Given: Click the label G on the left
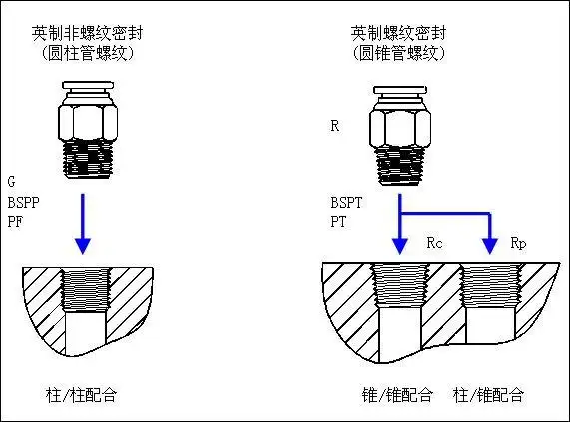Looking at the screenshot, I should point(11,183).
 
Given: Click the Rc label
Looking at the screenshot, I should point(434,242).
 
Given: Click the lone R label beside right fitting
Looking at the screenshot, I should point(335,127).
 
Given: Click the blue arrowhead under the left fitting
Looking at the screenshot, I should point(84,243).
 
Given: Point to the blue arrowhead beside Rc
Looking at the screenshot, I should point(399,245).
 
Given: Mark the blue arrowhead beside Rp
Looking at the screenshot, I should point(489,245).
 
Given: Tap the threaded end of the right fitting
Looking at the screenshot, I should point(399,163).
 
